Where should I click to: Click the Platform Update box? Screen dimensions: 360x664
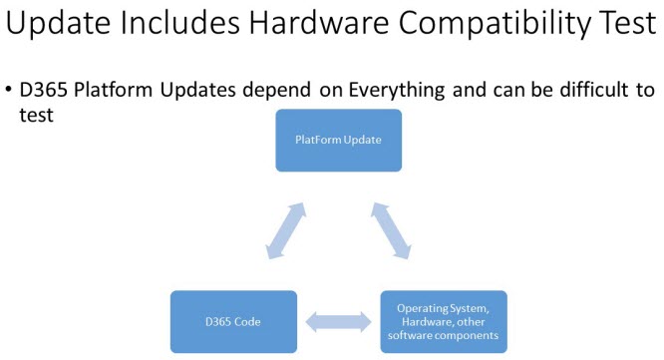click(x=339, y=140)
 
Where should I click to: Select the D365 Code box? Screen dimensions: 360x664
click(x=233, y=322)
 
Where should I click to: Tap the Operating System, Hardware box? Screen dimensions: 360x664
click(x=444, y=322)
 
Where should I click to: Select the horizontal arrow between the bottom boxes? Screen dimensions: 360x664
click(x=338, y=323)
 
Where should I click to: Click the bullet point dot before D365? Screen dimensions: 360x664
click(x=9, y=92)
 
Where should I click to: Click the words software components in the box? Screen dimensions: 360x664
click(x=443, y=337)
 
